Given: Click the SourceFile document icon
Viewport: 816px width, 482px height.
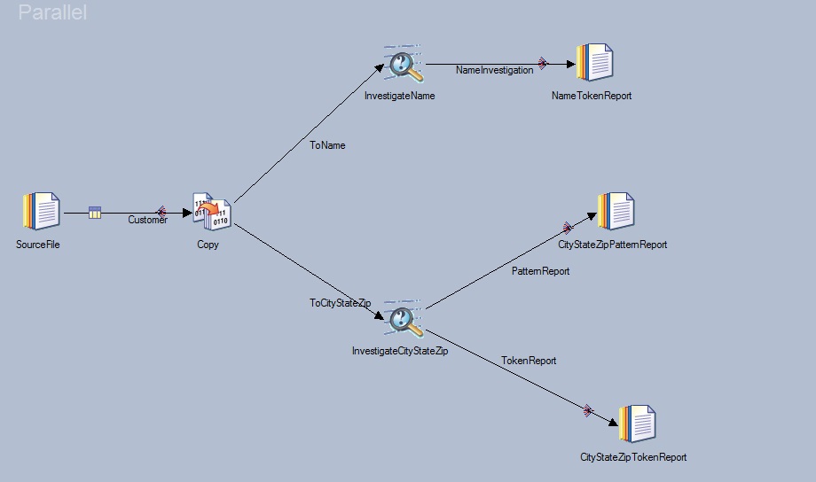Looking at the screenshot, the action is pos(42,211).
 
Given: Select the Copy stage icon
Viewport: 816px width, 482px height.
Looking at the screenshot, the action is pos(212,211).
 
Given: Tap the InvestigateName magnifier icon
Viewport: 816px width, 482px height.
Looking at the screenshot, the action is pos(404,64).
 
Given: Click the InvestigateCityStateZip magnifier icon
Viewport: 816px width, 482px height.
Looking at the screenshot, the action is pos(404,318).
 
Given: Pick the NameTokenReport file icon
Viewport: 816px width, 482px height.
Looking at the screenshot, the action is pos(595,62).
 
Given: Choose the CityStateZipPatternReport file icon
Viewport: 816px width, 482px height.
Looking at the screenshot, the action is pos(616,211).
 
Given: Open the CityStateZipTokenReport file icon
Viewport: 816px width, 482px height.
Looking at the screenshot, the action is pos(638,424).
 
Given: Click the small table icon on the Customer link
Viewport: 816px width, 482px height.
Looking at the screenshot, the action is pos(95,212).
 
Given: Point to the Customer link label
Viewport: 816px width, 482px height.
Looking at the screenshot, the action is pos(148,220).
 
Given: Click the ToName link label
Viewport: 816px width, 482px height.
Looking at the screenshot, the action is pos(327,145).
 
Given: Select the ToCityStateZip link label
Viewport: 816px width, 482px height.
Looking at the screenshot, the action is pos(341,303).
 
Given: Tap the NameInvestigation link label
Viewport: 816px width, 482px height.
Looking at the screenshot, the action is pos(494,70).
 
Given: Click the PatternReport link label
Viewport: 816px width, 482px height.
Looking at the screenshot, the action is pos(540,271).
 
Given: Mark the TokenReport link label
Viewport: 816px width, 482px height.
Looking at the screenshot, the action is pos(529,361).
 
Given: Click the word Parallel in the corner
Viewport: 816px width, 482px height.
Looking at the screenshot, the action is pos(52,12).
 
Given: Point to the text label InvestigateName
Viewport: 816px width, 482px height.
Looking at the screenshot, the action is pos(400,96).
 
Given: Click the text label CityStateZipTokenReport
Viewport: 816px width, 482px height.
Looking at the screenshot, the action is pos(633,457).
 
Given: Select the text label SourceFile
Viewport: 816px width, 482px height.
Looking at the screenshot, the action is pos(38,245).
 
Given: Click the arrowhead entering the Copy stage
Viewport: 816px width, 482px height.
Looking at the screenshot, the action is pos(187,213).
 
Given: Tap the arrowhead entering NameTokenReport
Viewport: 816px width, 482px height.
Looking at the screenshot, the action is pos(571,64).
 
